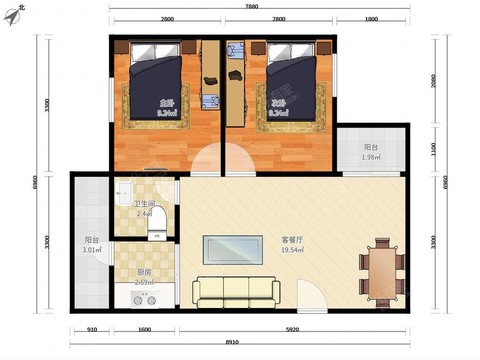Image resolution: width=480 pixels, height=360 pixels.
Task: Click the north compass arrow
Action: click(x=12, y=17)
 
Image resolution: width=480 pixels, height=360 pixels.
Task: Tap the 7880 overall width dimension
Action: click(x=252, y=6)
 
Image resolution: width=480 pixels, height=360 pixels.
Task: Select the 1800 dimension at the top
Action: click(x=371, y=19)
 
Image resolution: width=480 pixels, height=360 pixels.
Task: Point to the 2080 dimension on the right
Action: click(x=433, y=81)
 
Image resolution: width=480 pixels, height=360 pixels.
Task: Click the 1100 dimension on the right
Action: click(x=433, y=149)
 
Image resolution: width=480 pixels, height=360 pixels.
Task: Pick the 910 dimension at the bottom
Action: click(x=92, y=330)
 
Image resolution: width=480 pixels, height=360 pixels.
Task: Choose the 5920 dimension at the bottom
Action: click(x=292, y=330)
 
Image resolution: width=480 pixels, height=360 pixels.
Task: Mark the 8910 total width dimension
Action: click(x=232, y=342)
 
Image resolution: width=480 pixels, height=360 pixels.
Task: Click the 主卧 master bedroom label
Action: click(x=167, y=103)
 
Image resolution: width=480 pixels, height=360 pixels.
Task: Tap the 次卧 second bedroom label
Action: click(x=279, y=103)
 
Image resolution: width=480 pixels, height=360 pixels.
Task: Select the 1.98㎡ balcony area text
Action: click(x=371, y=157)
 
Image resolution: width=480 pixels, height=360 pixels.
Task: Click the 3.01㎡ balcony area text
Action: click(x=92, y=250)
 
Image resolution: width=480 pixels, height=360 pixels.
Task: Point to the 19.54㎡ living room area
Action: click(x=292, y=250)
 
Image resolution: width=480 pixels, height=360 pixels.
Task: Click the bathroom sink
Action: click(x=124, y=193)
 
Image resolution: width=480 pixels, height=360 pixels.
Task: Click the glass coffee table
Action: click(x=233, y=250)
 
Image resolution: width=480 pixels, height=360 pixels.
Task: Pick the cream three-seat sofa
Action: click(x=236, y=292)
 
